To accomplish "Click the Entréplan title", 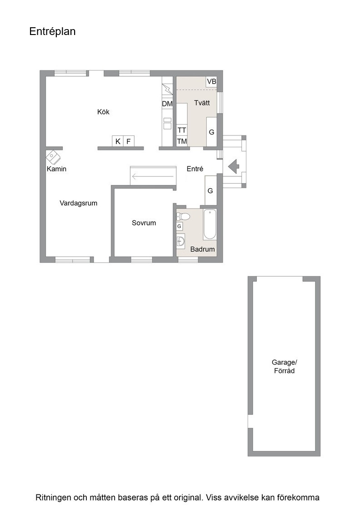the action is click(x=52, y=31).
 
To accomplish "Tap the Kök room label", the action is click(x=103, y=112).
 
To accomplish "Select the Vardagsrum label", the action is click(x=79, y=203).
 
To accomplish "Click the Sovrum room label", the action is click(x=144, y=223).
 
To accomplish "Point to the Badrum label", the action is click(x=203, y=250).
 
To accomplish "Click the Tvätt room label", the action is click(x=202, y=103).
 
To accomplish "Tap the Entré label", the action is click(x=195, y=169).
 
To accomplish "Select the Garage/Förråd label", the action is click(x=285, y=366).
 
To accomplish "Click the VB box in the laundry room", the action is click(x=211, y=81).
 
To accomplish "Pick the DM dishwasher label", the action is click(x=167, y=104).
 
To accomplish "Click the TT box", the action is click(x=182, y=130).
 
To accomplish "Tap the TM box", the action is click(x=182, y=141).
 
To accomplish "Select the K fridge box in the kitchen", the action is click(x=118, y=141).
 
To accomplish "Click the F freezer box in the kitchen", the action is click(x=129, y=141).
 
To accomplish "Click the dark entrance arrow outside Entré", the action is click(x=234, y=166).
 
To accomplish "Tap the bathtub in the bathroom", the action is click(x=210, y=225).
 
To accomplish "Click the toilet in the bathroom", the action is click(x=183, y=216).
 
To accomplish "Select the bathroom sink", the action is click(x=181, y=241).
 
